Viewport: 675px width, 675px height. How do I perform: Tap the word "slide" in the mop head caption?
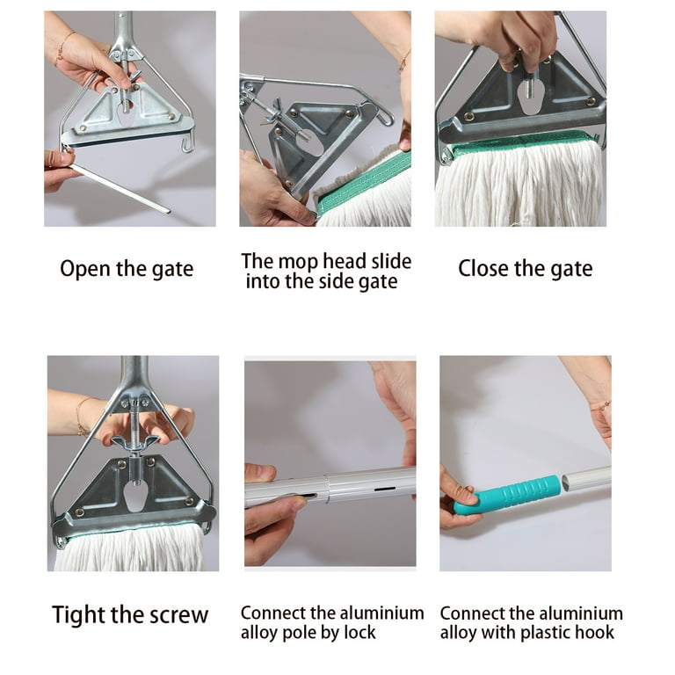click(391, 261)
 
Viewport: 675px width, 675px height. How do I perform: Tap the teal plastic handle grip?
click(508, 495)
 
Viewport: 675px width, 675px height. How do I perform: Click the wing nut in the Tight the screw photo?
click(135, 443)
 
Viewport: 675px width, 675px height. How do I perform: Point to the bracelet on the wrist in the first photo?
click(64, 46)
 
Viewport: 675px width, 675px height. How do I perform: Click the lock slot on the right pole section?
click(384, 490)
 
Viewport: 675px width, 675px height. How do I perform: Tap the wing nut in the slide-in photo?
click(274, 111)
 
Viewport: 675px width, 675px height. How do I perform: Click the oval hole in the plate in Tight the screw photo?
click(135, 496)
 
